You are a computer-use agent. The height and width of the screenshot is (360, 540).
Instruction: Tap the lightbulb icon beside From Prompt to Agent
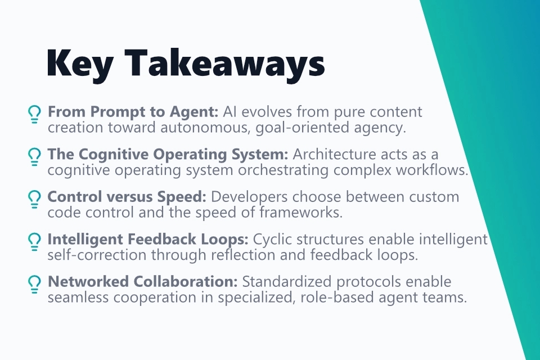click(34, 114)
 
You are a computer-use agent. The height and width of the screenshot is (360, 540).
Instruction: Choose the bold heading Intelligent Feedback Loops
click(148, 240)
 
